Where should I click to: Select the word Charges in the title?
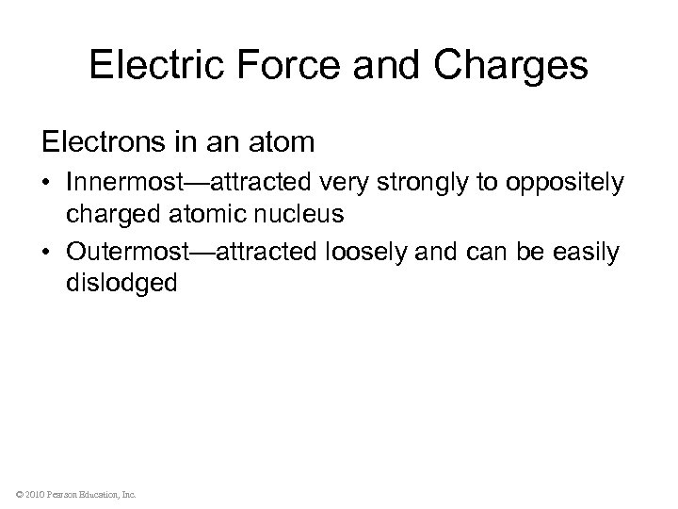[x=511, y=66]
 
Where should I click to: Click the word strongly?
[x=418, y=182]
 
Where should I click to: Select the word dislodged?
[x=121, y=283]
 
